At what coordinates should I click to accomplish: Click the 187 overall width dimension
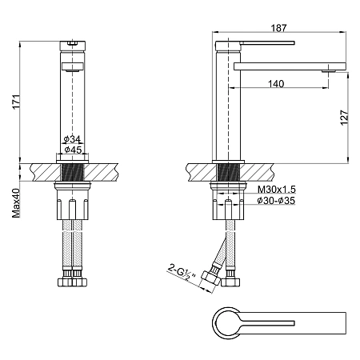278,28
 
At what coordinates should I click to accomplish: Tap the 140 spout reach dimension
276,84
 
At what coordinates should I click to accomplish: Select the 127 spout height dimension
344,117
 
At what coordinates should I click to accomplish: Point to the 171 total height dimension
17,102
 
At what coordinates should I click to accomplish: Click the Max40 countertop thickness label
16,202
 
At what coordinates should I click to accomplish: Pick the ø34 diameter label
72,138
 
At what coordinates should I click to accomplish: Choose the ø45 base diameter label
73,150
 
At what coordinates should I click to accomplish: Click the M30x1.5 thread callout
277,189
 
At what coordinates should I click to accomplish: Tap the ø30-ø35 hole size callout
276,201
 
